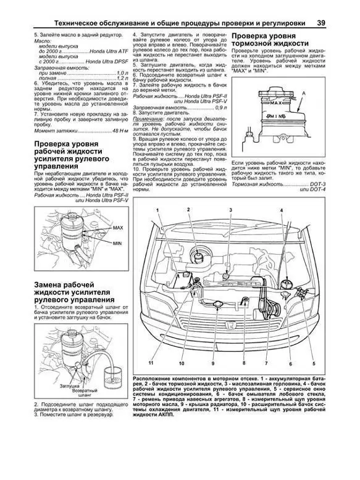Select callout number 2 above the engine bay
(187, 211)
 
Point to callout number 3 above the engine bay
(229, 211)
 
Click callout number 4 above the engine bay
(281, 211)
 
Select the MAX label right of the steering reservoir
(118, 228)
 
